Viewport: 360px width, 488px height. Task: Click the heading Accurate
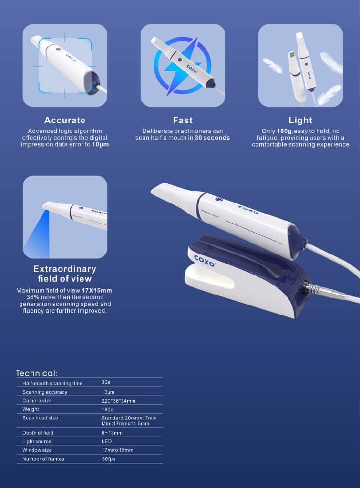65,120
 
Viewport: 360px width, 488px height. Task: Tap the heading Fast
183,120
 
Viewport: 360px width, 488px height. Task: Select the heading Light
300,120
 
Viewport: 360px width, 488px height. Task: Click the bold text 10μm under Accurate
100,144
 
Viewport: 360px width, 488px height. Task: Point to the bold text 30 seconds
212,138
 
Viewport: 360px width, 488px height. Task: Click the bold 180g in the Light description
284,131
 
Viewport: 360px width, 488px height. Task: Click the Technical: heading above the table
37,373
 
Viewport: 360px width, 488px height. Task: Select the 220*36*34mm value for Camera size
118,401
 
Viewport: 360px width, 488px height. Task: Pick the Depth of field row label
38,433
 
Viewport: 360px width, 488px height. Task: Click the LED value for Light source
106,441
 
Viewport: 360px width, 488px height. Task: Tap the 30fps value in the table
108,459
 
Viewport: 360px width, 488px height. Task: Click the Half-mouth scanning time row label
52,384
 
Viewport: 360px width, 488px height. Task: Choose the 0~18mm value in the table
112,433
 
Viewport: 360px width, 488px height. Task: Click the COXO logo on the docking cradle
204,261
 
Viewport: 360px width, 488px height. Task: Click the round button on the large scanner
219,200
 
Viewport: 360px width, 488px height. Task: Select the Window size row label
37,450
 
